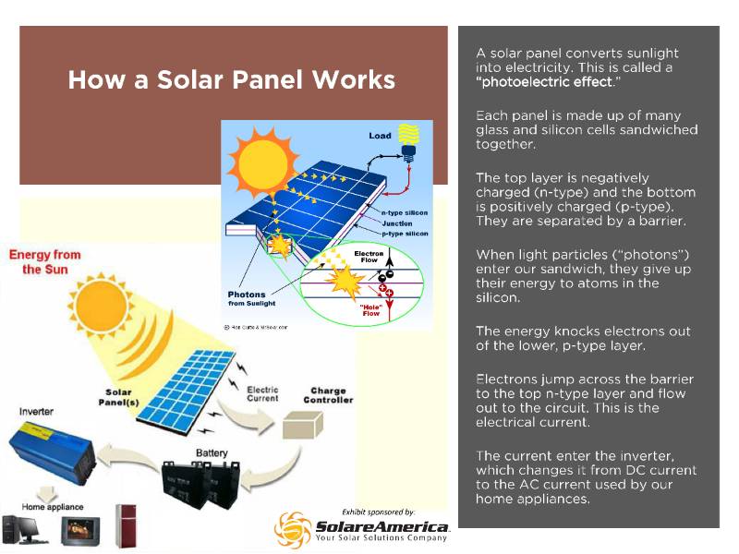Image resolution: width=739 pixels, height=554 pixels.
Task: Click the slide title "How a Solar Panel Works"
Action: pos(231,79)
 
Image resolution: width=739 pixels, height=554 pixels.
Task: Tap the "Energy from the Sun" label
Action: pos(45,261)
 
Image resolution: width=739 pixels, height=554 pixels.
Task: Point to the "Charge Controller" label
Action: pos(328,395)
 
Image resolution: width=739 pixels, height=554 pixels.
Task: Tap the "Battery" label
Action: pos(212,453)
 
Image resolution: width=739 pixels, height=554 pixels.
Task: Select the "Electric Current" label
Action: pos(262,395)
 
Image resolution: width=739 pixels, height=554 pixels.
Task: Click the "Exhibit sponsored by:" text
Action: pos(378,511)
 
